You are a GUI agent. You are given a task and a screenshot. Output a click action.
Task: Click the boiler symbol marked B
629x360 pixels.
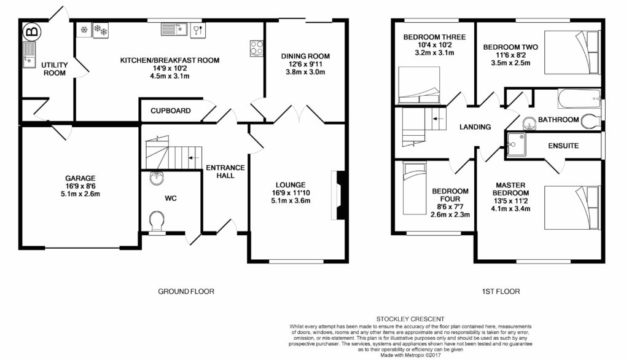(x=32, y=31)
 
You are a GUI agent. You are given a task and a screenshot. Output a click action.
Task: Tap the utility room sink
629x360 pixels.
(x=29, y=55)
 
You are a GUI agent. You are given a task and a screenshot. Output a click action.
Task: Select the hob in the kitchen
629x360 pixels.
(x=257, y=48)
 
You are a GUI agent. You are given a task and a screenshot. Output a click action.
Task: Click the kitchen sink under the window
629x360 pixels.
(x=174, y=29)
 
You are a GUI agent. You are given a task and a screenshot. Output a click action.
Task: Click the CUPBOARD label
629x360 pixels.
(x=171, y=111)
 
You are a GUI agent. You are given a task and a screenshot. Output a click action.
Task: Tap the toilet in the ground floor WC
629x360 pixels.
(x=157, y=221)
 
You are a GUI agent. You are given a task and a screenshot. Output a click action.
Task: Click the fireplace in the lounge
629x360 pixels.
(x=338, y=195)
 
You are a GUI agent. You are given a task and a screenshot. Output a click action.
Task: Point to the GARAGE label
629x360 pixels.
(x=80, y=178)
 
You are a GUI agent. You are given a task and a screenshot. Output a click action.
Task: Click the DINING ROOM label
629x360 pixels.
(x=305, y=56)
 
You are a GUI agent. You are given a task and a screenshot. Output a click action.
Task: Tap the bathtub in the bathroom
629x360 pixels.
(x=579, y=99)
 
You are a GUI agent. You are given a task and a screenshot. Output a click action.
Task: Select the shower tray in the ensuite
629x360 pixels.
(x=516, y=144)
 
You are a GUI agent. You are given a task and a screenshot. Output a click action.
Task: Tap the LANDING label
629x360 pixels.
(x=475, y=127)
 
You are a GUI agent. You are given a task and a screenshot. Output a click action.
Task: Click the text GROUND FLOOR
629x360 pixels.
(x=186, y=291)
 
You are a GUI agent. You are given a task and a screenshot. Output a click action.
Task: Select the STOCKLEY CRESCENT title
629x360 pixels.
(x=410, y=319)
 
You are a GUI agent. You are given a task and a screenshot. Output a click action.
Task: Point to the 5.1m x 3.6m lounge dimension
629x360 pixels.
(x=291, y=201)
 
